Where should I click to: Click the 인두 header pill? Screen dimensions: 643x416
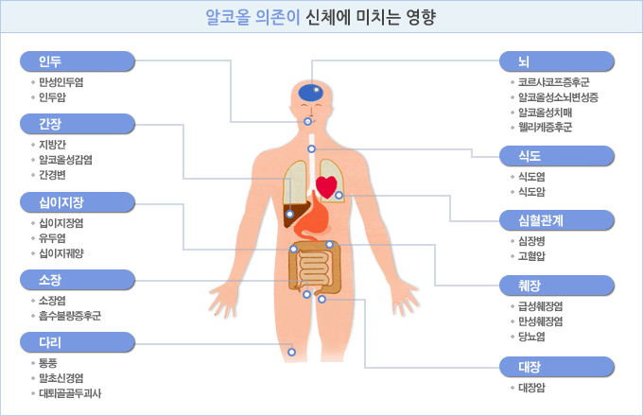[78, 61]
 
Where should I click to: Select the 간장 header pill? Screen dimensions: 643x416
[78, 124]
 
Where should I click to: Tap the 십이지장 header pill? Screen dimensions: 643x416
[78, 202]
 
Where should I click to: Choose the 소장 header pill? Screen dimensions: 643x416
[78, 280]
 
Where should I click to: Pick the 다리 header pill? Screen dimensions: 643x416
[78, 342]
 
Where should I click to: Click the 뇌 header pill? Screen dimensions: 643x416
[557, 61]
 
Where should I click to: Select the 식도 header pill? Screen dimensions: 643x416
[557, 156]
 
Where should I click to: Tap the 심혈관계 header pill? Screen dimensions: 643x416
[557, 220]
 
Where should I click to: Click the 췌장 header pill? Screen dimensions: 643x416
[557, 286]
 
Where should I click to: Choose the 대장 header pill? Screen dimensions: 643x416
[557, 367]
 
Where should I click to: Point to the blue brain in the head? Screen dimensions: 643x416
[310, 93]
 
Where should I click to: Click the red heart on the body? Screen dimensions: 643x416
[326, 187]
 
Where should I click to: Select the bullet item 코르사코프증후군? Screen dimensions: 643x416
[553, 82]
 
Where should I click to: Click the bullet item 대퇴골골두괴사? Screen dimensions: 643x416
[70, 393]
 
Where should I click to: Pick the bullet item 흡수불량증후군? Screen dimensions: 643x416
[70, 316]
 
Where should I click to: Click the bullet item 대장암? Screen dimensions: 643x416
[531, 388]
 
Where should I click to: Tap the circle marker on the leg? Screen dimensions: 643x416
[291, 352]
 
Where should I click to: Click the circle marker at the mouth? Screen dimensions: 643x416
[307, 121]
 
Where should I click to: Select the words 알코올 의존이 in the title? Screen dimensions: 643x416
[253, 17]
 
